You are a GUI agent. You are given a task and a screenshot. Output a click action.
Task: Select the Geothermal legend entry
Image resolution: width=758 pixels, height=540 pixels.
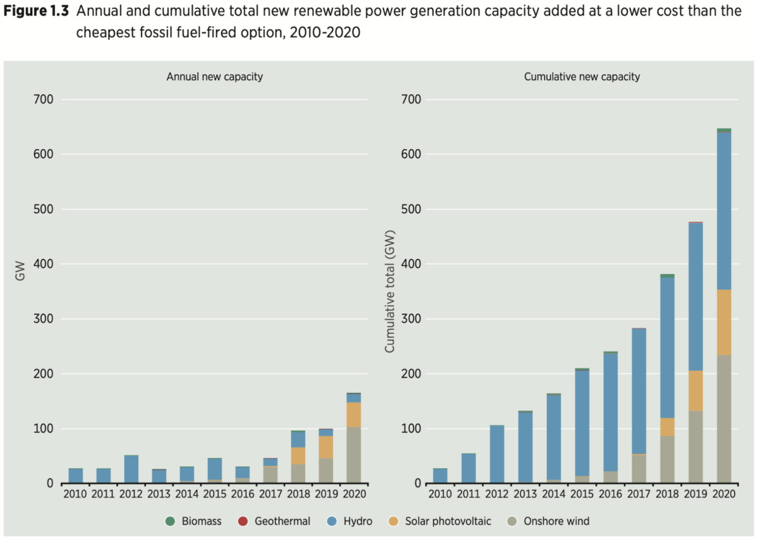pos(275,521)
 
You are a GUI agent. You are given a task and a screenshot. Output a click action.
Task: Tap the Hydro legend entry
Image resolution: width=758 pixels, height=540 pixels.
pos(351,521)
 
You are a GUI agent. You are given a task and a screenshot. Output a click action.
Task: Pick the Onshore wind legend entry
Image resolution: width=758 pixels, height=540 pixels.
pos(549,521)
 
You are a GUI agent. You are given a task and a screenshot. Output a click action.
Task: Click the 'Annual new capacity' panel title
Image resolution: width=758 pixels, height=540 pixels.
pos(215,77)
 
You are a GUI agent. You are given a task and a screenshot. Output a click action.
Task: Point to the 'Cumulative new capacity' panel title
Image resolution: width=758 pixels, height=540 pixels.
pos(582,77)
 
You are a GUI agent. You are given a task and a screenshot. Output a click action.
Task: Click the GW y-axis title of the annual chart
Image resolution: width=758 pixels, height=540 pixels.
pos(20,273)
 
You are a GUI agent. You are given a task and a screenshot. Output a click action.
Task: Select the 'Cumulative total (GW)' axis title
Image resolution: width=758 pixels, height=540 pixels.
pos(389,291)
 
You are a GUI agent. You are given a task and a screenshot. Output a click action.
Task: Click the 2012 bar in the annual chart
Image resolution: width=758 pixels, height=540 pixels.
pos(131,469)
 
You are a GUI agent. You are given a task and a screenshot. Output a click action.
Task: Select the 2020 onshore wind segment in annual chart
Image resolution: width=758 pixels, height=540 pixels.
pos(353,455)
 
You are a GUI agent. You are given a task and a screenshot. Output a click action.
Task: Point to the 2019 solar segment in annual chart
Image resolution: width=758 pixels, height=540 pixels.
pos(325,447)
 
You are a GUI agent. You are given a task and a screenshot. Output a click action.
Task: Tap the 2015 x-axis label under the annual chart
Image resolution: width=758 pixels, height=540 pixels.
pos(215,493)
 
